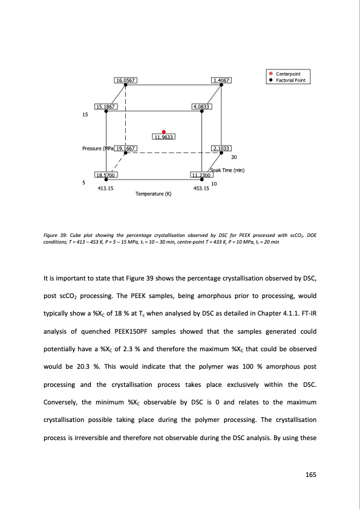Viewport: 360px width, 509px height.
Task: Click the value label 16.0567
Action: (125, 80)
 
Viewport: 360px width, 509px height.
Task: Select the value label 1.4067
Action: (221, 80)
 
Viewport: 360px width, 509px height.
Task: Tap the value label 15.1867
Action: (106, 106)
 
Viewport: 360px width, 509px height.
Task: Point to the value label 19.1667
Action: (126, 148)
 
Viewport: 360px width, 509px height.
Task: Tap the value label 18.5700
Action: (106, 175)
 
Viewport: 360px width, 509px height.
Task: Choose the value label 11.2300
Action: (201, 175)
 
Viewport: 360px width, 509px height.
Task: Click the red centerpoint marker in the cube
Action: (163, 131)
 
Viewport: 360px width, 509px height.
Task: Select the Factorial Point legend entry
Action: (293, 80)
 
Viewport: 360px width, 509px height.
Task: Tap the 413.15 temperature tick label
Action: (106, 189)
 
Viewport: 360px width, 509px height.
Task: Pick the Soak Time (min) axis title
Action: (227, 170)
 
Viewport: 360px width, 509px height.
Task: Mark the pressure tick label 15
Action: (85, 115)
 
